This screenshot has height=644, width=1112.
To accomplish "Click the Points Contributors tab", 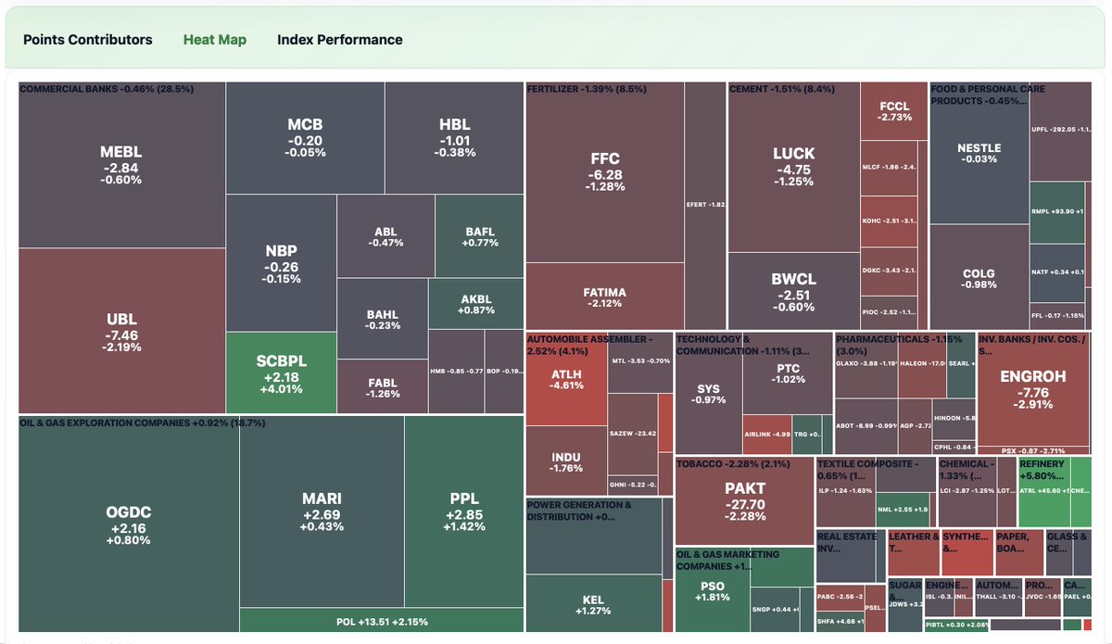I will point(87,40).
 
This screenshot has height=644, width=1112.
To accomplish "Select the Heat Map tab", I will point(215,40).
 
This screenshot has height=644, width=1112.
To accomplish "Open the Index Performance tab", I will point(339,40).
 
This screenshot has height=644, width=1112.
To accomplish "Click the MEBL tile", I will point(121,165).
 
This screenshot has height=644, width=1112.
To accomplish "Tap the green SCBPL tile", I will point(281,373).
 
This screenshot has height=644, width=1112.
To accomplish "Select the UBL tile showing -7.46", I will point(121,333).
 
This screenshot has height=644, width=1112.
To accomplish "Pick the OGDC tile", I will point(128,525).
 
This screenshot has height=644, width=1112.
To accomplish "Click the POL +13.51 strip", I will point(381,621).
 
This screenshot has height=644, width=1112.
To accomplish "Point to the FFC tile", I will point(604,171).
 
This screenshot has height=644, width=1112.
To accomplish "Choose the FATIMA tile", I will point(604,297).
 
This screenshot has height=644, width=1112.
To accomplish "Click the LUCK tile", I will point(793,166).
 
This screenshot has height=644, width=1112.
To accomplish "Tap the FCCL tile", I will point(894,111).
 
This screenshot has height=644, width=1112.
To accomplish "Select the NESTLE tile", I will point(979,153).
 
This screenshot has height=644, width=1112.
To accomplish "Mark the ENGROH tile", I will point(1033,389).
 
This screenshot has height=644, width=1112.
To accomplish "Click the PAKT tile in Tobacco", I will point(745,500).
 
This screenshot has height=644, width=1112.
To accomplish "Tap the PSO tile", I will point(712,591).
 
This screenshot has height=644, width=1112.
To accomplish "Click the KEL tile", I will point(593,604).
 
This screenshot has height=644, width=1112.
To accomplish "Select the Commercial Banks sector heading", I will point(107,89).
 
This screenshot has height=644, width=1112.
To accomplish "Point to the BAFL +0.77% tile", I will point(480,236).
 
